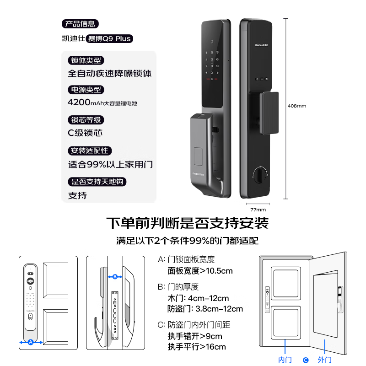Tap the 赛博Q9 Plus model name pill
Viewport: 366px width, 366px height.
(x=109, y=38)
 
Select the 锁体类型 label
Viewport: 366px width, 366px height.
(x=86, y=60)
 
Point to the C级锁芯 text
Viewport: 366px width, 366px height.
(x=85, y=133)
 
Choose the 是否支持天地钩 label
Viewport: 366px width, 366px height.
(x=97, y=182)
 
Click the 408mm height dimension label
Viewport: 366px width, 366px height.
(x=297, y=106)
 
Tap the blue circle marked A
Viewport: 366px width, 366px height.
(x=31, y=342)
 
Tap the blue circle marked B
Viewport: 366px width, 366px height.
(x=115, y=276)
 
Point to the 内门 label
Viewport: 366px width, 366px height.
(x=285, y=360)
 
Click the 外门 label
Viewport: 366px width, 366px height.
(x=325, y=360)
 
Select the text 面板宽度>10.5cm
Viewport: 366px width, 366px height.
(x=200, y=271)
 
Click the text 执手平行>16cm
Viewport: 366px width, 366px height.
(x=197, y=347)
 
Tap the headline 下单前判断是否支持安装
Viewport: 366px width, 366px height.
(x=187, y=223)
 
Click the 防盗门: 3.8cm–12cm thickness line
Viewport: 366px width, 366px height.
(x=205, y=309)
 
